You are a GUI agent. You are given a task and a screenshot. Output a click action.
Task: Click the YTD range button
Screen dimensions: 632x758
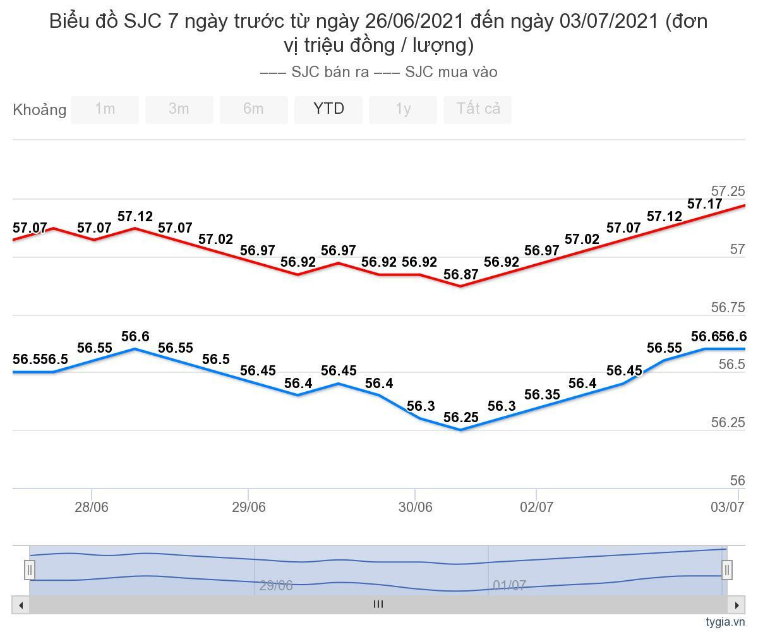click(328, 109)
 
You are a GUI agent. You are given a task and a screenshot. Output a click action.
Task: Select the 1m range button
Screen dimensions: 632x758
click(105, 109)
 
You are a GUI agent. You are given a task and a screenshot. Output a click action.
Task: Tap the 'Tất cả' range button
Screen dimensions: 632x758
click(478, 109)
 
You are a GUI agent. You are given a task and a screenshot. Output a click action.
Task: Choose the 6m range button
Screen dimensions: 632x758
click(253, 109)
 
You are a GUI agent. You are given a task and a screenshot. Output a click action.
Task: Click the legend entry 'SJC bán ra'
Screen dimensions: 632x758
click(315, 72)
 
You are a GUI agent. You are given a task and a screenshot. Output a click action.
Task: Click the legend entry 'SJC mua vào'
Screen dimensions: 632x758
click(436, 72)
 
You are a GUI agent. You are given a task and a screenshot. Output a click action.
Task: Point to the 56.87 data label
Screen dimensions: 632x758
click(460, 275)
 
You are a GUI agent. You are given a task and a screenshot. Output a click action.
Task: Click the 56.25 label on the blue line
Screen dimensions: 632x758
click(460, 418)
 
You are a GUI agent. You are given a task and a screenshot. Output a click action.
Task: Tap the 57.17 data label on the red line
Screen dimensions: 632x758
click(704, 204)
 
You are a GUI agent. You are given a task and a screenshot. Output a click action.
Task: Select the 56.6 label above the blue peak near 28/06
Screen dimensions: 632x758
click(135, 337)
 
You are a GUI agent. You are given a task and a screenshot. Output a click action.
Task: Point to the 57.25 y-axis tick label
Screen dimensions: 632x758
click(728, 191)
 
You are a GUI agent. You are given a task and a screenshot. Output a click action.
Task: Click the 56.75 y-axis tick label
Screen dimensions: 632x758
click(728, 308)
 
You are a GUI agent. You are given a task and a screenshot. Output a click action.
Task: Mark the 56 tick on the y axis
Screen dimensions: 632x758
click(737, 481)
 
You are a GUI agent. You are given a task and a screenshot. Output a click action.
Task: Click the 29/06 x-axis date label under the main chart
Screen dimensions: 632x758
click(249, 507)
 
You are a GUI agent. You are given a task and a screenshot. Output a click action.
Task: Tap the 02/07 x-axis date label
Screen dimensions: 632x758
click(536, 507)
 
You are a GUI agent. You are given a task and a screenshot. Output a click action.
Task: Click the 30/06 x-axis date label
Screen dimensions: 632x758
click(415, 507)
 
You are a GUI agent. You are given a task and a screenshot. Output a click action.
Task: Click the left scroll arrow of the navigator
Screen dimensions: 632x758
click(21, 605)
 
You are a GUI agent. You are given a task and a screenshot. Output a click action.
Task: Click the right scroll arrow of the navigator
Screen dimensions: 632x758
click(737, 605)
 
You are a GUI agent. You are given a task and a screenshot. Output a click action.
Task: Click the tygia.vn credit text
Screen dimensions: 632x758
click(725, 622)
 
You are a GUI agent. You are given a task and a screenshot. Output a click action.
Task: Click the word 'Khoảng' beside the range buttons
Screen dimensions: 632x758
click(39, 110)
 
